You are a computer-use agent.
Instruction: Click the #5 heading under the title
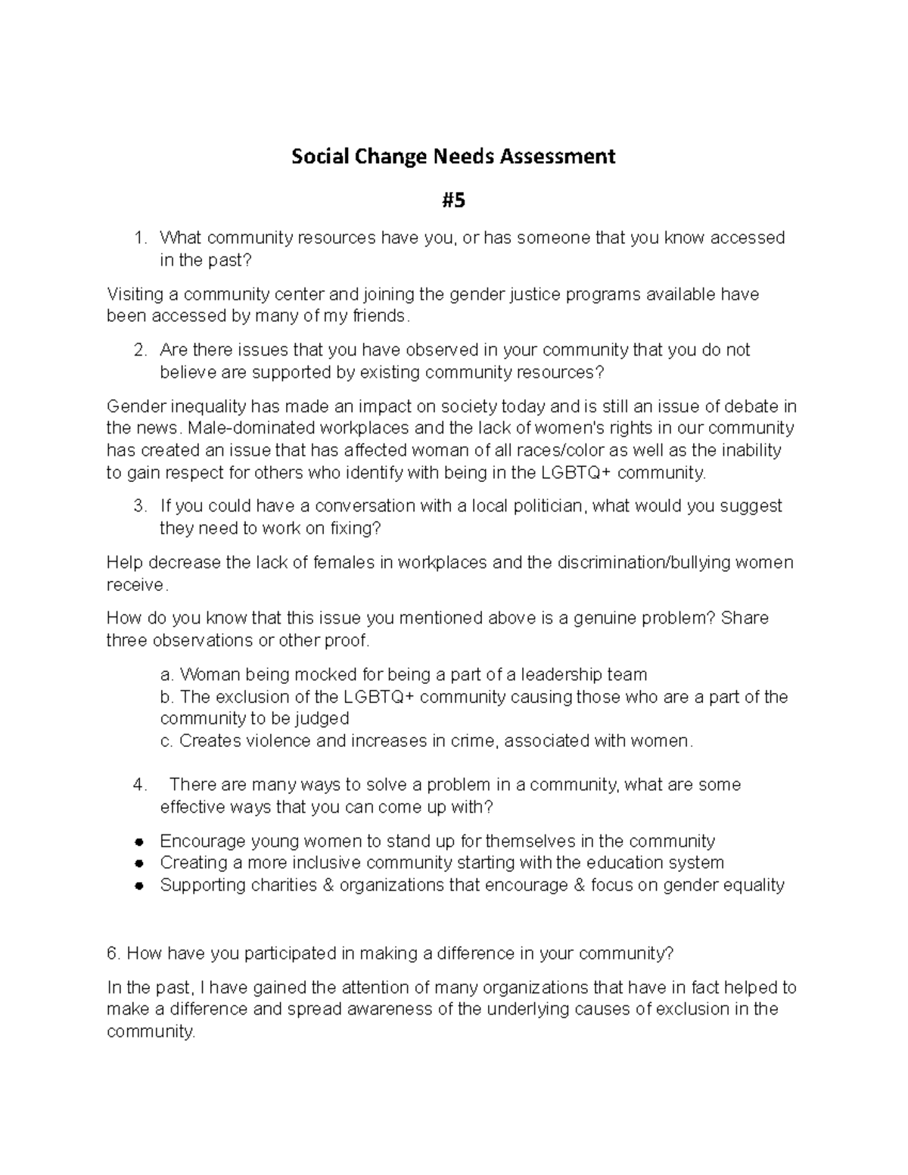click(454, 200)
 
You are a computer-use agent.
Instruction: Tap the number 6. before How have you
click(113, 953)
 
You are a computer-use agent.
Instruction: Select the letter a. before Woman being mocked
click(167, 675)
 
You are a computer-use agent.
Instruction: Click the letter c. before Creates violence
click(166, 741)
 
